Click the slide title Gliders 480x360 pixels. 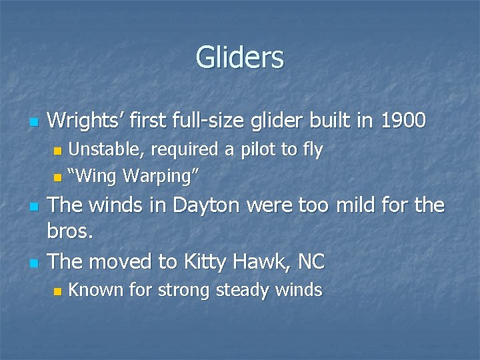pyautogui.click(x=240, y=57)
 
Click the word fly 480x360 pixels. pyautogui.click(x=311, y=150)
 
